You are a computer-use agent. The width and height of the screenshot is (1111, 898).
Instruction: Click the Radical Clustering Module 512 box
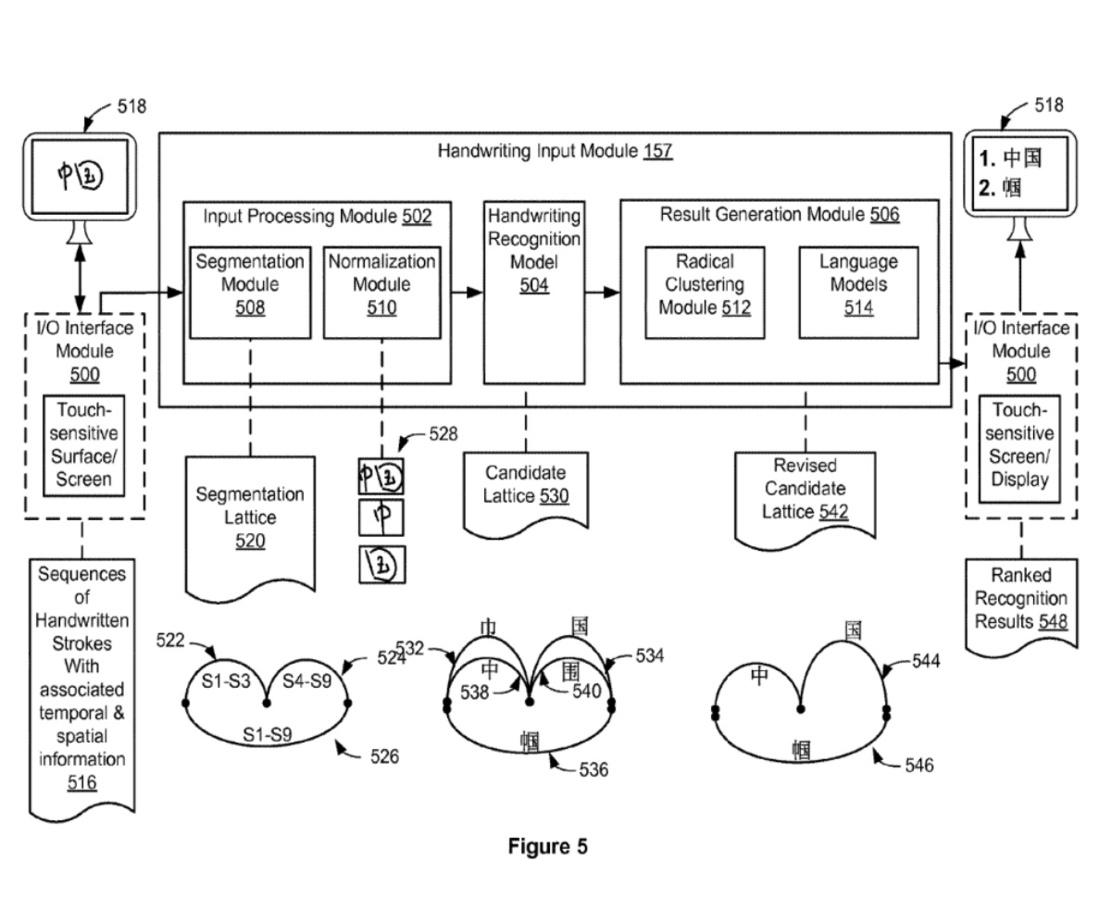705,284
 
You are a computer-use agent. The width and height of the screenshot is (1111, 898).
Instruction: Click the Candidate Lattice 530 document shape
526,485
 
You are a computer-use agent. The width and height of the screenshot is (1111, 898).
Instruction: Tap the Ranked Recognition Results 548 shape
1021,599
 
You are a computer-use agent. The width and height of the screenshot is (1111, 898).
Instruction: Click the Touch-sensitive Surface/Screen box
82,444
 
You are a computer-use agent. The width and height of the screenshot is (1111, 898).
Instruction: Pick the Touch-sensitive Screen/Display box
1020,444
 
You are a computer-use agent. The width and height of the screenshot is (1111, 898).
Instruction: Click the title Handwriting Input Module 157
555,151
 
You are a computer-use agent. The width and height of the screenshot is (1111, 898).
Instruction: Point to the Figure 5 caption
547,846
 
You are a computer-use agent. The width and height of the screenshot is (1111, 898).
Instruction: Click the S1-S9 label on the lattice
268,734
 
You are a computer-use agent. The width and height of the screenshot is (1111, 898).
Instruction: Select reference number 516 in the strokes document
81,783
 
